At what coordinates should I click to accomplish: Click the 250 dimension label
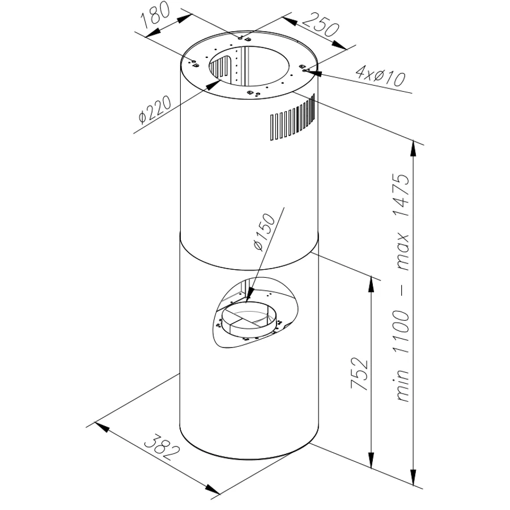point(320,24)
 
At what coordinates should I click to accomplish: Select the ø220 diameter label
point(154,109)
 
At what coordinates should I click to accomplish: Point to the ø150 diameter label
point(264,232)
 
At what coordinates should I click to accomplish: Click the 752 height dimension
point(359,373)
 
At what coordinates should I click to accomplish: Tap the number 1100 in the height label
point(401,331)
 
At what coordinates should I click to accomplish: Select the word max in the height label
point(403,252)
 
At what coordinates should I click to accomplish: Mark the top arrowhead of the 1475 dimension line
point(414,148)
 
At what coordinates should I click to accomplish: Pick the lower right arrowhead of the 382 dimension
point(213,489)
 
